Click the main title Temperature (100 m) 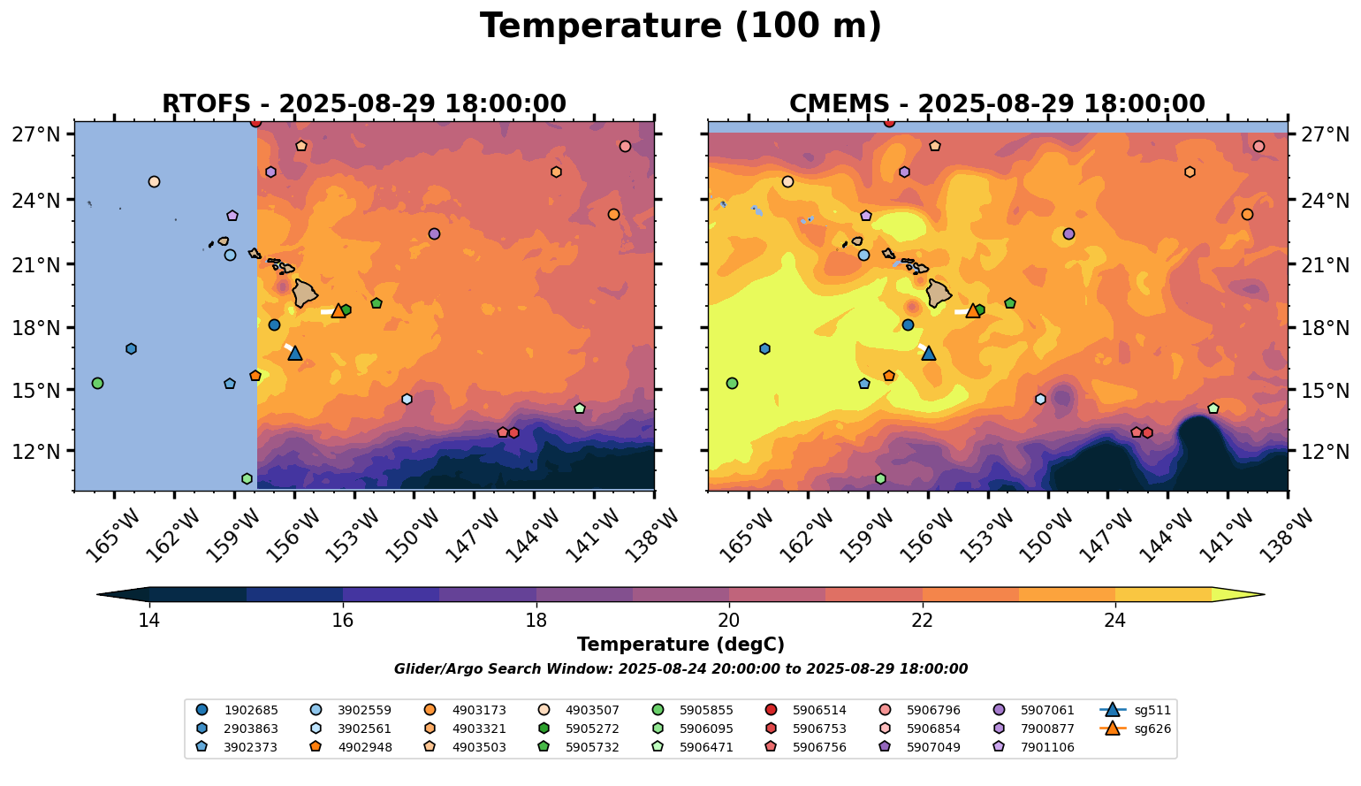(x=680, y=27)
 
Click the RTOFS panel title (x=364, y=104)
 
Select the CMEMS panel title (x=997, y=104)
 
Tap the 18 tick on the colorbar (x=536, y=620)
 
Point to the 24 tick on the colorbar (x=1115, y=620)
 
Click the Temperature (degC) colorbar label (x=680, y=645)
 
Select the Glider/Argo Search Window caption (x=680, y=669)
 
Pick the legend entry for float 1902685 (x=239, y=710)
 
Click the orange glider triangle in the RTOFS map (x=338, y=310)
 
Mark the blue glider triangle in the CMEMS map (x=929, y=353)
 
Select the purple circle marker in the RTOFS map (x=434, y=233)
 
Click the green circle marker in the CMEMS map (x=732, y=383)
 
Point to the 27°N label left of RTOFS (x=36, y=134)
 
